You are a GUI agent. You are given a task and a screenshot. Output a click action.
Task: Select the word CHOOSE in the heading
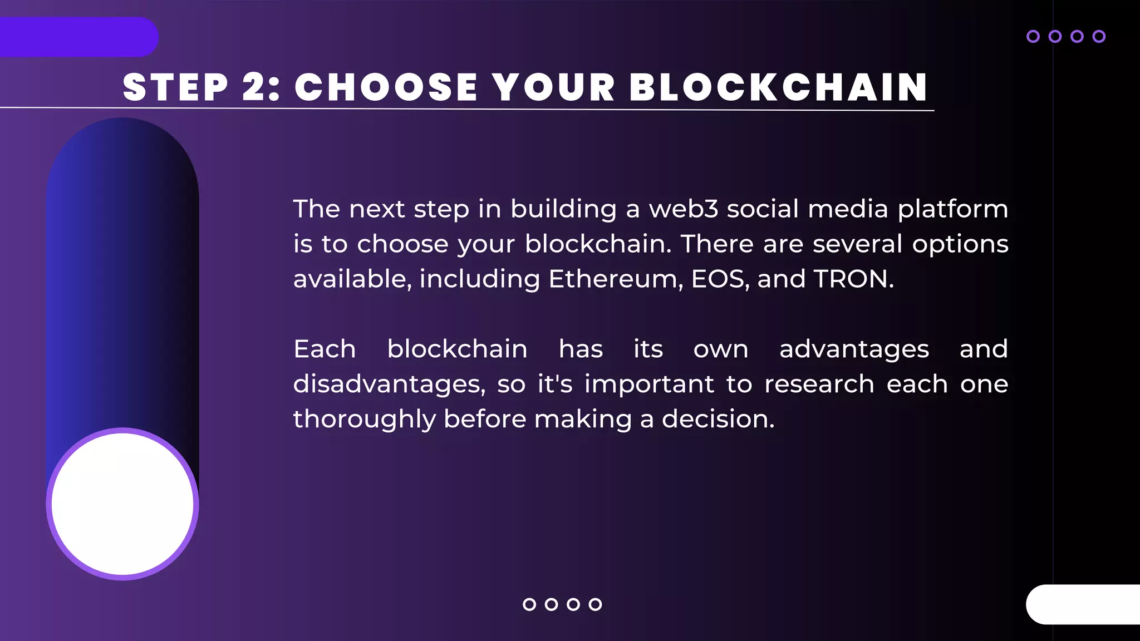coord(386,87)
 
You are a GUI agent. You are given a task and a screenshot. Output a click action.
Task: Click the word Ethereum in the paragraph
coord(616,279)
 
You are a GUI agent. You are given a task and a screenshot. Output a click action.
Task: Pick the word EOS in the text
coord(719,279)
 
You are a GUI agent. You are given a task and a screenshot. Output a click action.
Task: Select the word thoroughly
coord(364,420)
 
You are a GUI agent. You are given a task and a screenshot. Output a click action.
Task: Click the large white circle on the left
coord(122,504)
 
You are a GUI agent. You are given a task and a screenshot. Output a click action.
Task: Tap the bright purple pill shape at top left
coord(78,37)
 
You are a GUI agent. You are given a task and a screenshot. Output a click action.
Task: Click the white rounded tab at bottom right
coord(1083,604)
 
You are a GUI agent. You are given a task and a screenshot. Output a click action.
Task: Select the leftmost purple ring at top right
coord(1033,37)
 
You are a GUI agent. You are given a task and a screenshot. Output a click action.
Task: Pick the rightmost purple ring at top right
coord(1099,37)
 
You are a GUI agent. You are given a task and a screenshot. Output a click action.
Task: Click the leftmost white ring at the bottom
coord(529,604)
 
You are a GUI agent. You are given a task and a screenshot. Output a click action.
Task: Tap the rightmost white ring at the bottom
coord(595,604)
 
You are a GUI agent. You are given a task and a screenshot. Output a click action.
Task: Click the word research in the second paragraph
coord(819,384)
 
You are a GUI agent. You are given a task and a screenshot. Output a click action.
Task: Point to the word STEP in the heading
coord(175,87)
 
